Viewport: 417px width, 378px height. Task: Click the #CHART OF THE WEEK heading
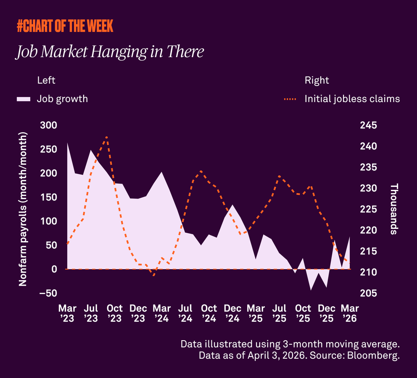[65, 26]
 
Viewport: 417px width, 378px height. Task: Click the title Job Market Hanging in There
[110, 52]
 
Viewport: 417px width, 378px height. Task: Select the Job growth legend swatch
[24, 99]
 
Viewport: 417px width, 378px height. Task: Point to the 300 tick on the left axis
[48, 126]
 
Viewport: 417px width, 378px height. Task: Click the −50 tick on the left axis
[48, 293]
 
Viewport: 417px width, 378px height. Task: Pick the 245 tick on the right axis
[368, 126]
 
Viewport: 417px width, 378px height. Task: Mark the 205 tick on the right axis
[368, 293]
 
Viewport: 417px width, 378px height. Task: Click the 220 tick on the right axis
[368, 231]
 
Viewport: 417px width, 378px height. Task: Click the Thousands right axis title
[394, 209]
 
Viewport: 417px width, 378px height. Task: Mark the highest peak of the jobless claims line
[107, 137]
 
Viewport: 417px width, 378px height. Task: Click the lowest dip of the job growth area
[311, 290]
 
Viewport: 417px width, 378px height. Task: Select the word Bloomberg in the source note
[376, 356]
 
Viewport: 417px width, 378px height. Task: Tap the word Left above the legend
[46, 80]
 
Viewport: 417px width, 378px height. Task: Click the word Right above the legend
[317, 80]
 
